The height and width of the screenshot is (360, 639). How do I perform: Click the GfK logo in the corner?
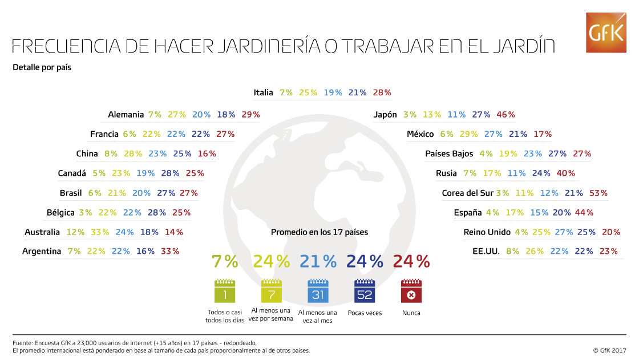pyautogui.click(x=606, y=33)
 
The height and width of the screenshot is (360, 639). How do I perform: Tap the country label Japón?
pyautogui.click(x=385, y=115)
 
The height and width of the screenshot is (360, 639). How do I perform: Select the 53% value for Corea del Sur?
pyautogui.click(x=598, y=193)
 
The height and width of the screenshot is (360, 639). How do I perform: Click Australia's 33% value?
pyautogui.click(x=100, y=232)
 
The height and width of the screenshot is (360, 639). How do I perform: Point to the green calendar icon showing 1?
pyautogui.click(x=225, y=292)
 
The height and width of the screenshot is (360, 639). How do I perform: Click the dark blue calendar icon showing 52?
pyautogui.click(x=365, y=292)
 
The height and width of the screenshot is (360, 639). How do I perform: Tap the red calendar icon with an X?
pyautogui.click(x=411, y=292)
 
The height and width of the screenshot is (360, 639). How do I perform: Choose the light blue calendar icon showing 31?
pyautogui.click(x=318, y=292)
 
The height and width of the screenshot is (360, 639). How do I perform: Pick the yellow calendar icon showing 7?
pyautogui.click(x=272, y=292)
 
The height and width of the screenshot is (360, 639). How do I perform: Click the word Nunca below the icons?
pyautogui.click(x=411, y=313)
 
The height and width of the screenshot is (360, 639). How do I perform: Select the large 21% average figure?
pyautogui.click(x=318, y=261)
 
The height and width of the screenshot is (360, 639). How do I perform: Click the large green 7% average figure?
pyautogui.click(x=225, y=261)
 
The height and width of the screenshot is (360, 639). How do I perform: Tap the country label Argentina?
pyautogui.click(x=42, y=252)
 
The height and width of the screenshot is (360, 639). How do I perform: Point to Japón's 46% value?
pyautogui.click(x=505, y=115)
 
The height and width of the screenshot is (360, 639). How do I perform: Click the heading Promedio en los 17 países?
pyautogui.click(x=319, y=232)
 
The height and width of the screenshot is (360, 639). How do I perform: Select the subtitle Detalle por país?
pyautogui.click(x=42, y=67)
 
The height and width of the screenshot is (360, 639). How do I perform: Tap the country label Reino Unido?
pyautogui.click(x=487, y=232)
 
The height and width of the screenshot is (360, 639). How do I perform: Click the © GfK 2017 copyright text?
pyautogui.click(x=609, y=350)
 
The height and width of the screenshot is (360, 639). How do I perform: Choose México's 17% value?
pyautogui.click(x=543, y=134)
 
